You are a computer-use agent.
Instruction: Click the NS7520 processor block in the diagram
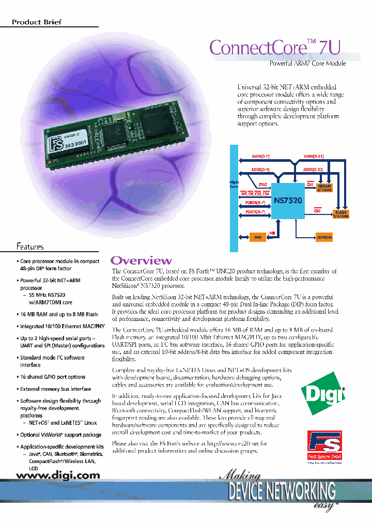(281, 199)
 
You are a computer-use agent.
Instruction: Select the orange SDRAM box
(324, 187)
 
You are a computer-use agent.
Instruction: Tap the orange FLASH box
(341, 214)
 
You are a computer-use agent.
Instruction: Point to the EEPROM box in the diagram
(324, 237)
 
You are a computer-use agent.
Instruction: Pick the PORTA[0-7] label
(255, 203)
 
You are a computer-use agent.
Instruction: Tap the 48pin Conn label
(234, 184)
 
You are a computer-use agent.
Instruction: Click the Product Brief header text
(37, 22)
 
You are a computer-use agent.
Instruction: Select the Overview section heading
(141, 260)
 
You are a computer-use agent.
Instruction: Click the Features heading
(30, 247)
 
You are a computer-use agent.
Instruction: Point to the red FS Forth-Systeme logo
(324, 447)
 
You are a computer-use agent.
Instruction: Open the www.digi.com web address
(56, 475)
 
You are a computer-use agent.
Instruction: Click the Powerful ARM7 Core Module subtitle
(308, 63)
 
